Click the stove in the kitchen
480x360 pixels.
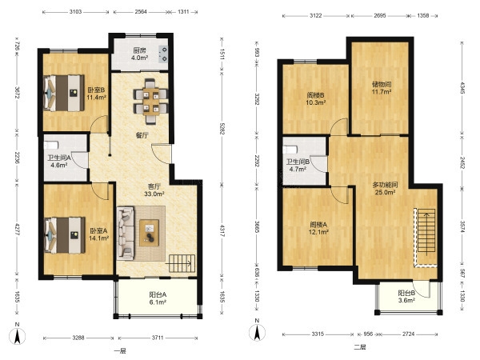tap(164, 54)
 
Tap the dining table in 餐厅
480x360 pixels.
tap(150, 102)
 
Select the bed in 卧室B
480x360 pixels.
tap(64, 93)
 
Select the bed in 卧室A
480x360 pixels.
tap(64, 235)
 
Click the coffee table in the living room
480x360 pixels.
tap(149, 233)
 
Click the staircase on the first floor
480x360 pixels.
tap(182, 263)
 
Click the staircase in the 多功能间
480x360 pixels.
tap(426, 231)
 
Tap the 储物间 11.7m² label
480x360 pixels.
tap(382, 88)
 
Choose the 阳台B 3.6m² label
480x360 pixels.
tap(406, 297)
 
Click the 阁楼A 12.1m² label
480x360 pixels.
tap(318, 228)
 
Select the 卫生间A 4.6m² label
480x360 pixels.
tap(58, 162)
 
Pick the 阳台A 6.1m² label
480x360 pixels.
tap(158, 298)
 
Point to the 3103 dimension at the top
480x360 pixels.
tap(75, 12)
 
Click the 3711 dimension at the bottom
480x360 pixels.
tap(158, 338)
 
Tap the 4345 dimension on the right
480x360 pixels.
tap(462, 88)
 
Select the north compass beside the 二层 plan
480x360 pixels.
tap(257, 332)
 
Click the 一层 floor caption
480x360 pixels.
tap(120, 351)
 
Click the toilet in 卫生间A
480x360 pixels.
tap(51, 145)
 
